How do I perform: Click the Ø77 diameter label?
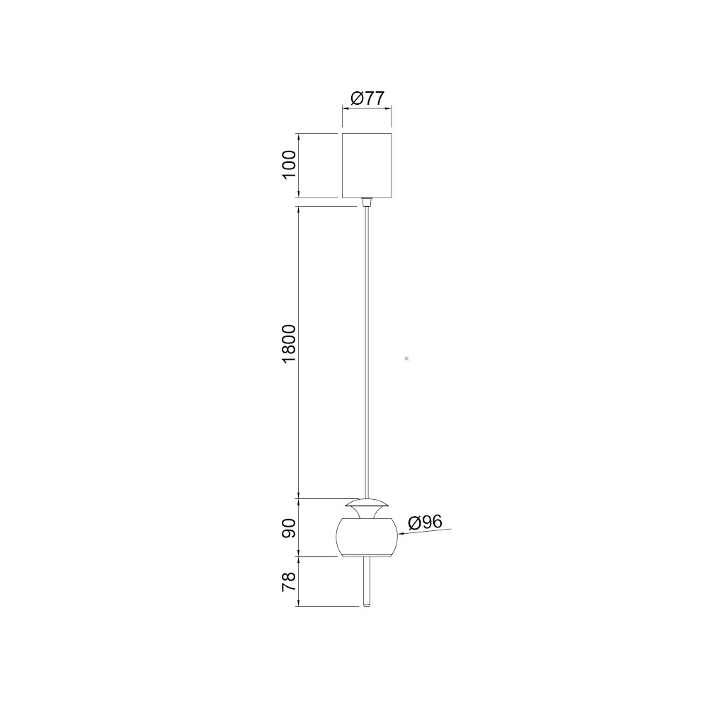point(367,98)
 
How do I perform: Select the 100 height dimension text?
point(289,165)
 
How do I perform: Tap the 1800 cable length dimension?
point(289,343)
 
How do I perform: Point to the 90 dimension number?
point(289,528)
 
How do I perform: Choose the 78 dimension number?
point(289,581)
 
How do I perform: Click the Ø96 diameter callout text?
point(425,523)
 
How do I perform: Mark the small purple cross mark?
point(407,358)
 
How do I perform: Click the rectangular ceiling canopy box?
point(367,166)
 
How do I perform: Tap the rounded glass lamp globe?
point(367,537)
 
